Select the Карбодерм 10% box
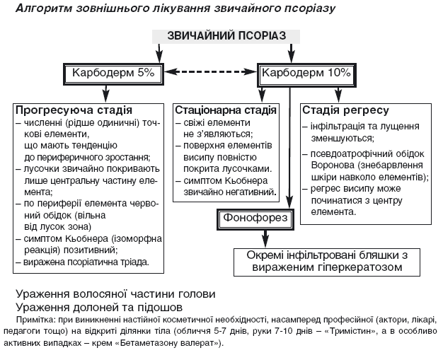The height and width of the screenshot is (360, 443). tap(306, 72)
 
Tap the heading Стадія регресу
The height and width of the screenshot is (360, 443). tap(345, 111)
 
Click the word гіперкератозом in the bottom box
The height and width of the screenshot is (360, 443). tap(362, 267)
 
